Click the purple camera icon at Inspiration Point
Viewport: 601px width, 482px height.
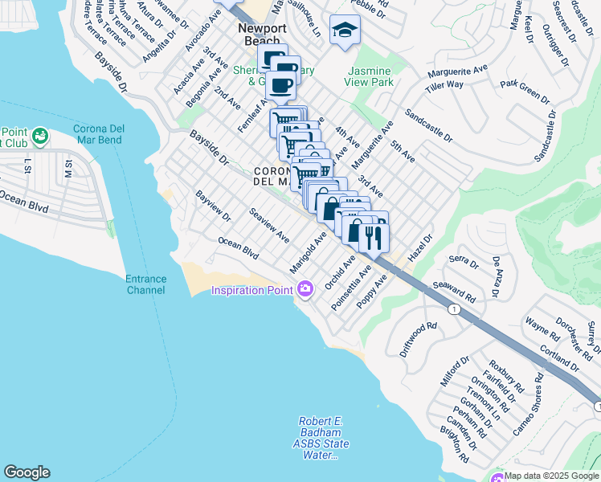(x=305, y=289)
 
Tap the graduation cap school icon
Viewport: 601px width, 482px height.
(x=345, y=31)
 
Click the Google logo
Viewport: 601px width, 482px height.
(x=27, y=472)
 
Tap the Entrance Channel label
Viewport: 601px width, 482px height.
(x=145, y=284)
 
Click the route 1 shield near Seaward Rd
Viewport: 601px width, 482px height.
(x=456, y=309)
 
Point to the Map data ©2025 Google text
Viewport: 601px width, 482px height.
(x=552, y=476)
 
